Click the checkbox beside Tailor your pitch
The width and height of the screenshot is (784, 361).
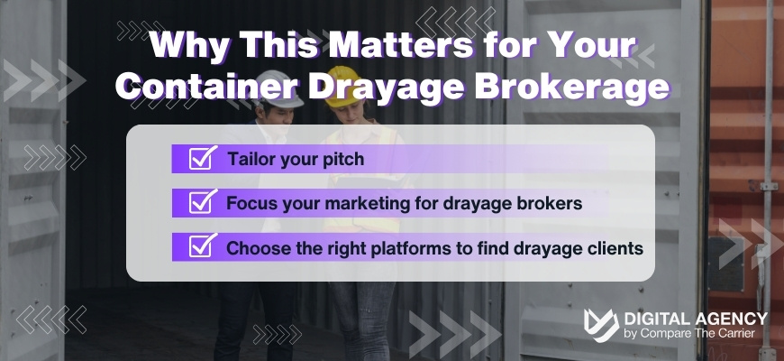[x=201, y=160]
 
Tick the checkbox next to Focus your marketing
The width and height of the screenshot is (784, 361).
[x=201, y=203]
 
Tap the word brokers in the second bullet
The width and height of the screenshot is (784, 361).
[x=549, y=203]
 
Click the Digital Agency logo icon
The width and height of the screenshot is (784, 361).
[x=601, y=326]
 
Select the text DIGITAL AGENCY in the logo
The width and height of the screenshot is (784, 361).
[x=696, y=319]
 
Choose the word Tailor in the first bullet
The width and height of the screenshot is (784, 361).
[x=250, y=160]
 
